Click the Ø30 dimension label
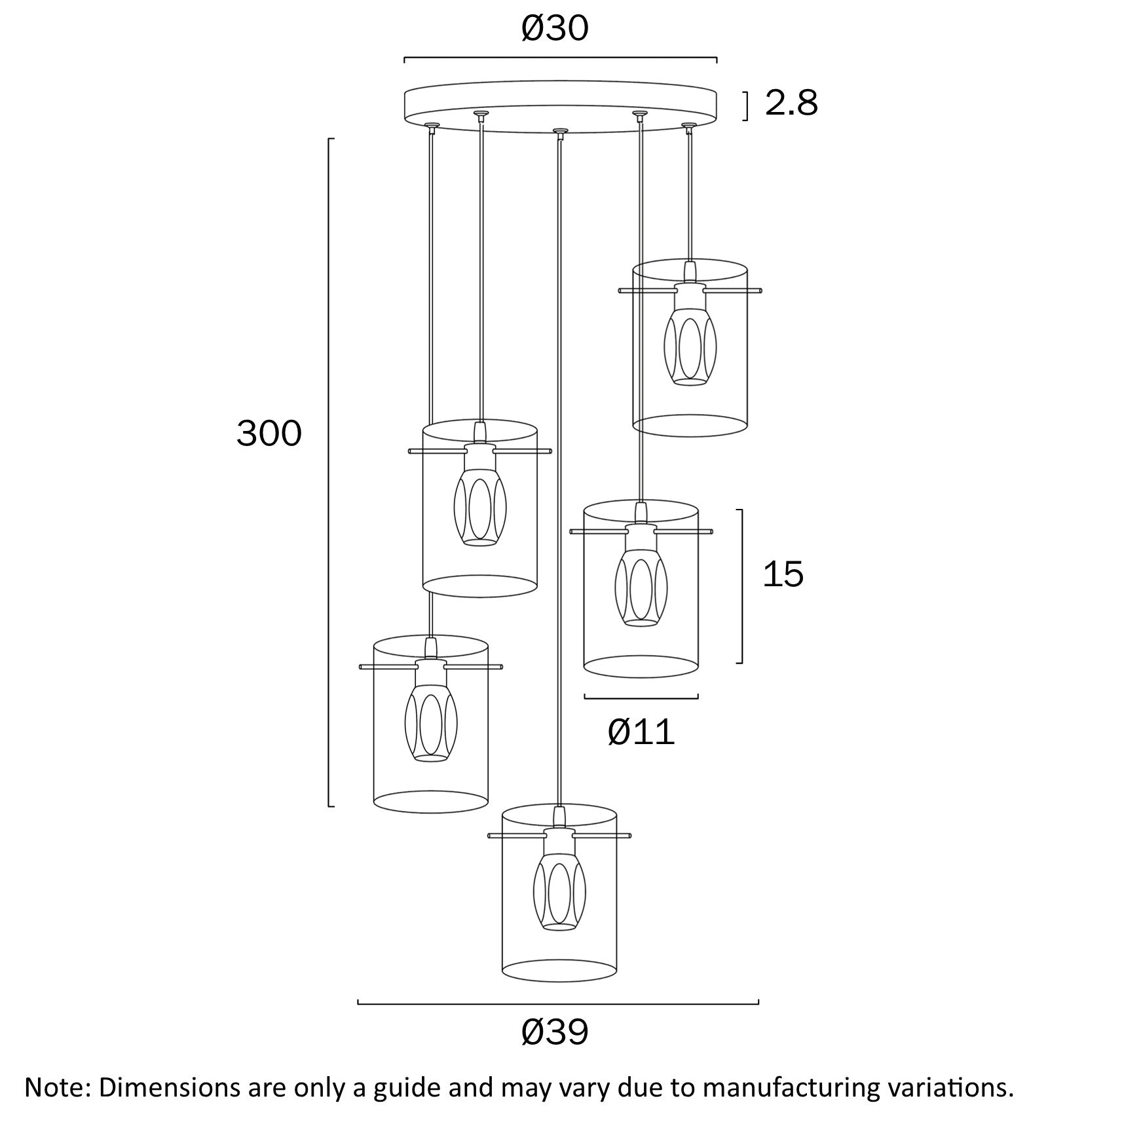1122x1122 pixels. [555, 29]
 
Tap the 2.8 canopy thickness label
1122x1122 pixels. [791, 104]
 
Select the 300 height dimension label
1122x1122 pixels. [269, 434]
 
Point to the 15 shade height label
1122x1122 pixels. [783, 574]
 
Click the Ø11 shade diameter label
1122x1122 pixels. [641, 732]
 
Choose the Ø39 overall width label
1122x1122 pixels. [555, 1033]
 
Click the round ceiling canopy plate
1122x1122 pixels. [560, 103]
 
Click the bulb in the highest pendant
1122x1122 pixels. [690, 347]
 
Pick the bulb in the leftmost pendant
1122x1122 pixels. [431, 722]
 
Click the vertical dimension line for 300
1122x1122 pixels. [329, 472]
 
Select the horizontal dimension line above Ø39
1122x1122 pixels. [557, 1002]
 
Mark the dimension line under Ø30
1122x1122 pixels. [560, 59]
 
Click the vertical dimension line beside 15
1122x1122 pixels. [741, 586]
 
